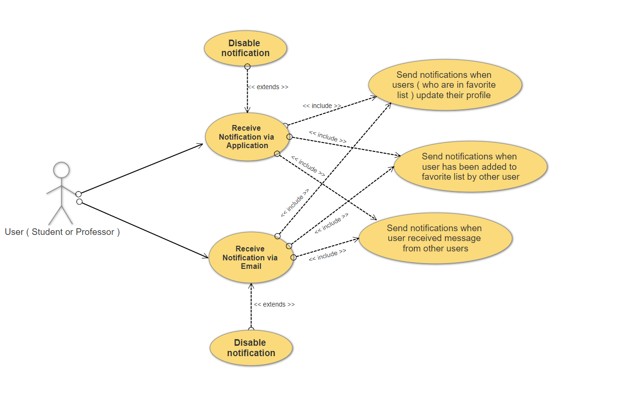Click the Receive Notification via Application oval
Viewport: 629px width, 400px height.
point(247,137)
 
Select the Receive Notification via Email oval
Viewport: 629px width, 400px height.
point(250,258)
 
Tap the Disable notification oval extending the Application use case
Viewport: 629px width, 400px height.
point(245,48)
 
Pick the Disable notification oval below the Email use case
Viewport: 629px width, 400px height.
point(251,348)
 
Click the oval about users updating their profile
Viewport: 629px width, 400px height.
point(444,84)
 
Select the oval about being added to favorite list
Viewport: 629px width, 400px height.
point(470,167)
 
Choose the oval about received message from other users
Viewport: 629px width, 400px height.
point(435,238)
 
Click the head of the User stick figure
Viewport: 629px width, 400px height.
point(61,170)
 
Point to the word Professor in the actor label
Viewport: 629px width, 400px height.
point(95,232)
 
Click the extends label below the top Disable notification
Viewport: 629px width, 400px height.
point(268,87)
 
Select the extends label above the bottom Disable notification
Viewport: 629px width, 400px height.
point(274,305)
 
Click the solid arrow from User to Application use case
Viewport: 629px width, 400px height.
point(141,168)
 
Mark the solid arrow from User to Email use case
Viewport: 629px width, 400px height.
point(144,230)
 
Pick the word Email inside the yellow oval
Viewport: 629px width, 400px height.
point(251,267)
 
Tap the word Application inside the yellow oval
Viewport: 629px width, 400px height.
point(247,146)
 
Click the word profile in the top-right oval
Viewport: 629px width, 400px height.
point(478,95)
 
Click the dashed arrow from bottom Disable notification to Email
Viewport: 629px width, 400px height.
point(251,307)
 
